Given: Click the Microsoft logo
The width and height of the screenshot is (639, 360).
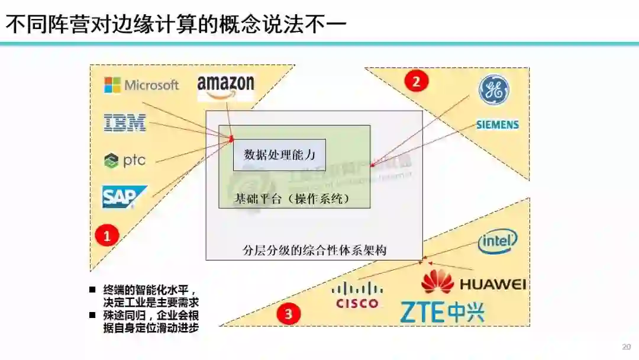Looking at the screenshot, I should [x=141, y=85].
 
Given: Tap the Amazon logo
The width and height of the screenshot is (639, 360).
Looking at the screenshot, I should [x=225, y=87].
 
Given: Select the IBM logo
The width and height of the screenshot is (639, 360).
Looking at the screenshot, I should [x=125, y=123].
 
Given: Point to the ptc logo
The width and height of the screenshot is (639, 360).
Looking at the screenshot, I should [x=125, y=160].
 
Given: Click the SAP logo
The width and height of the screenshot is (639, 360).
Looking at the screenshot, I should [x=124, y=197].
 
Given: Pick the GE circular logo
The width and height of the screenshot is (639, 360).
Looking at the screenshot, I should [x=493, y=90].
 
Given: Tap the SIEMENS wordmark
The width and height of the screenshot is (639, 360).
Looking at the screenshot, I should [x=498, y=125].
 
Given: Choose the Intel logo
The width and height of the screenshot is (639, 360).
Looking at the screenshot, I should [x=498, y=241].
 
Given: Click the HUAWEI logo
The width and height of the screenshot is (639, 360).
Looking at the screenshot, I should [x=473, y=282].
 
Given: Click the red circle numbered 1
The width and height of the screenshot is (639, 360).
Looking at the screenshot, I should [x=107, y=236].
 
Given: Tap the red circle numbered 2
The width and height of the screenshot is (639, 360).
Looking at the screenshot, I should [x=416, y=81].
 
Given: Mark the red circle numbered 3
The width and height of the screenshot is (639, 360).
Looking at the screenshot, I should [x=289, y=314].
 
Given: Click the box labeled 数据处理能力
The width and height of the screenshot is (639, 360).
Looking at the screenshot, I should [x=279, y=155].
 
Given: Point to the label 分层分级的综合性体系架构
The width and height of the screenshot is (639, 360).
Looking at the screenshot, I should [x=314, y=250].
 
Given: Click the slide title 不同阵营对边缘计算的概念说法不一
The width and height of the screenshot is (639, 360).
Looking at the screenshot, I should [x=176, y=24].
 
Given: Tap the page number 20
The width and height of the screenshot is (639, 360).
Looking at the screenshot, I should [x=627, y=346].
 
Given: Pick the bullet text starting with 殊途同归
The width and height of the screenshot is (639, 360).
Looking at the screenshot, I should [x=151, y=320].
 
